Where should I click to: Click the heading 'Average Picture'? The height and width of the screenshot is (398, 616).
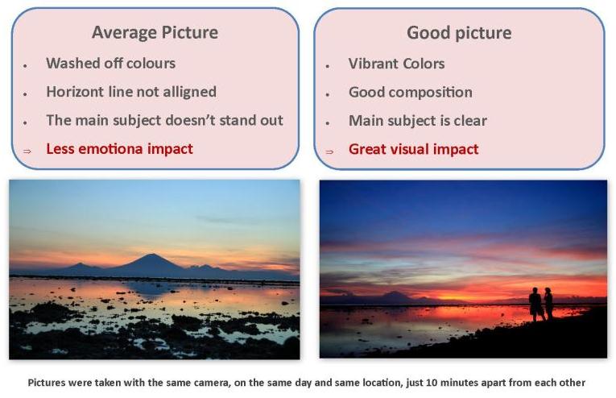point(155,32)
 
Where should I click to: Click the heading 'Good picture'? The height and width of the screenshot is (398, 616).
point(459,32)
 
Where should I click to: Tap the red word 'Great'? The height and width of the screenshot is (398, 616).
point(366,149)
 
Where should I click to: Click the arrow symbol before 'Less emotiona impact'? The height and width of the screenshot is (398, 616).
point(27,151)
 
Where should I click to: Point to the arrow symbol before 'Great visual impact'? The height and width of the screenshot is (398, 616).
point(329,151)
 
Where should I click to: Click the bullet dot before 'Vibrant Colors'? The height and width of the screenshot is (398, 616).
point(327,66)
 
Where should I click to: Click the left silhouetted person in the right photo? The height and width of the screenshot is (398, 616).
point(535,304)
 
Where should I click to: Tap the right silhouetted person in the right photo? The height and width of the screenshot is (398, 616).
point(548,303)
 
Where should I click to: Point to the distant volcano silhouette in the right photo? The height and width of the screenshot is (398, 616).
point(394,296)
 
